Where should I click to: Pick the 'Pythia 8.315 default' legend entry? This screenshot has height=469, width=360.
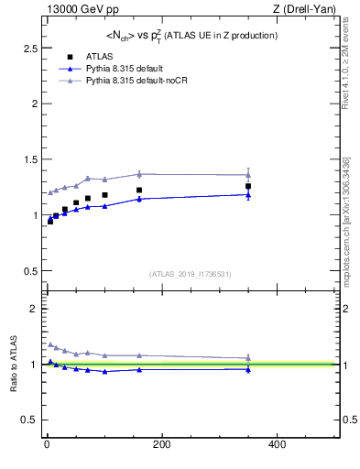pyautogui.click(x=122, y=69)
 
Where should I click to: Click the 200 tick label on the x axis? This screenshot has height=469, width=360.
pyautogui.click(x=161, y=445)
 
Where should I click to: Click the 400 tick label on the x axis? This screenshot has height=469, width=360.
pyautogui.click(x=277, y=445)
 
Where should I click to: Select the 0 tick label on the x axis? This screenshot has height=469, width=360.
pyautogui.click(x=47, y=445)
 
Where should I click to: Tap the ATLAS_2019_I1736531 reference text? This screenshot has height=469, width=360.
pyautogui.click(x=191, y=274)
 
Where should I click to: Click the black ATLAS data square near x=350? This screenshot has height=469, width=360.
pyautogui.click(x=248, y=186)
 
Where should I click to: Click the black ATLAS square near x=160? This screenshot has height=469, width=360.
pyautogui.click(x=139, y=191)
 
